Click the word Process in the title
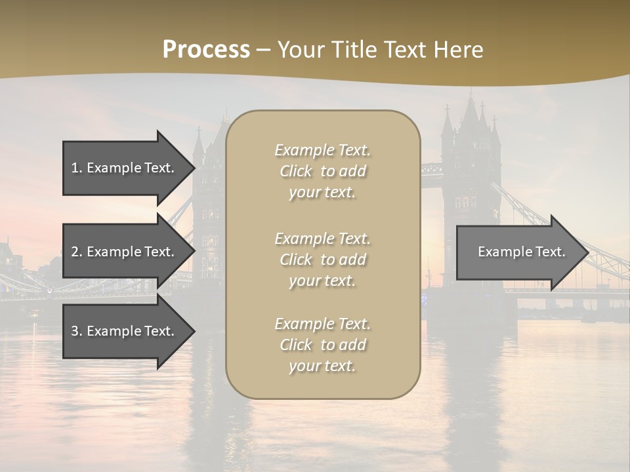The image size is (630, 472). (x=206, y=50)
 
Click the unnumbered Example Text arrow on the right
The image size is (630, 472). (x=518, y=252)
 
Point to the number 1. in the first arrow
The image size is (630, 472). (x=76, y=168)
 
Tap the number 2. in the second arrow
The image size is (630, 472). (x=76, y=252)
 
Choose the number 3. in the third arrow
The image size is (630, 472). (x=76, y=331)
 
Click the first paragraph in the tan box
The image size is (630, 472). (x=322, y=171)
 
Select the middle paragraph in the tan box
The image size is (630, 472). (x=322, y=260)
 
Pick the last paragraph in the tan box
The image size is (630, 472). (x=322, y=345)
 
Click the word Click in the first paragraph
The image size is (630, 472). (x=296, y=171)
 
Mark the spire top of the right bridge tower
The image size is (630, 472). (x=471, y=93)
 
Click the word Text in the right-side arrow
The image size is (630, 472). (x=549, y=252)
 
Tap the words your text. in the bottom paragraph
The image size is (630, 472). (x=322, y=366)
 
